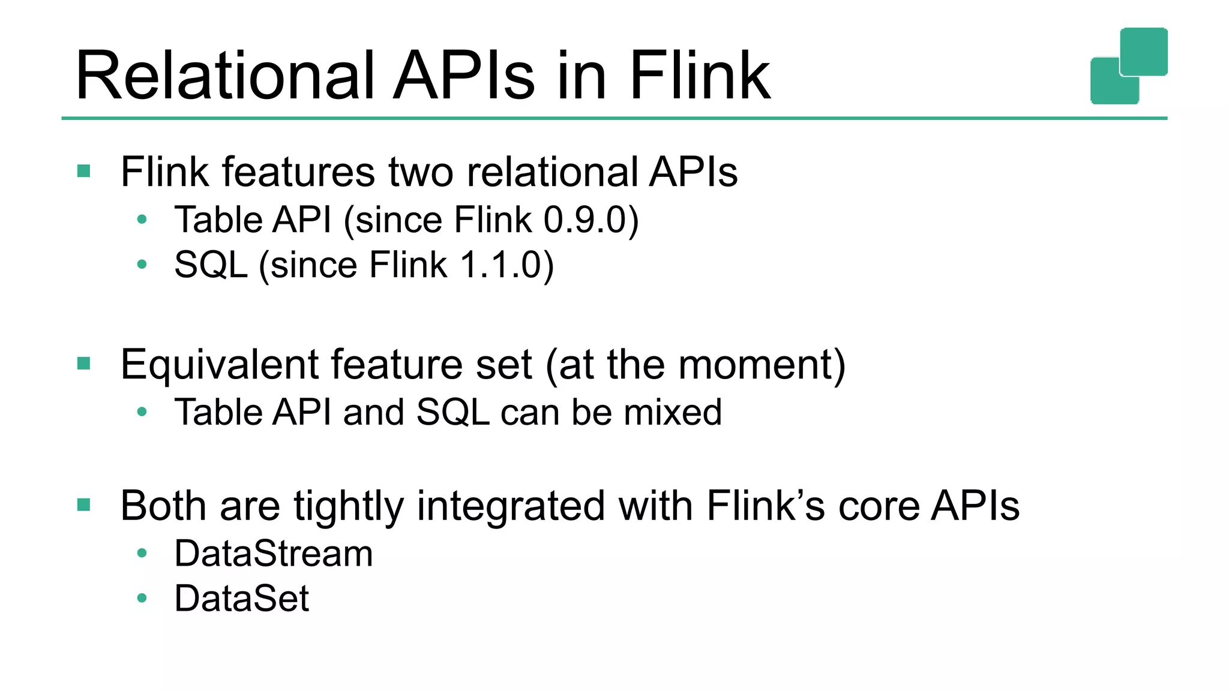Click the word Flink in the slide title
[x=699, y=76]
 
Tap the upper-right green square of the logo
[x=1144, y=52]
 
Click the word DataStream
[x=274, y=553]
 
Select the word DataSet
[x=242, y=598]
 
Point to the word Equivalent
[x=219, y=365]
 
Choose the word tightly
[x=349, y=506]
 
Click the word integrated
[x=511, y=506]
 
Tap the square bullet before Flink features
[x=84, y=172]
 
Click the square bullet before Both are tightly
[x=84, y=505]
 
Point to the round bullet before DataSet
[x=142, y=598]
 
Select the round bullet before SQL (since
[x=142, y=265]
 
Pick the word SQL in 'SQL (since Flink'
[x=211, y=265]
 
